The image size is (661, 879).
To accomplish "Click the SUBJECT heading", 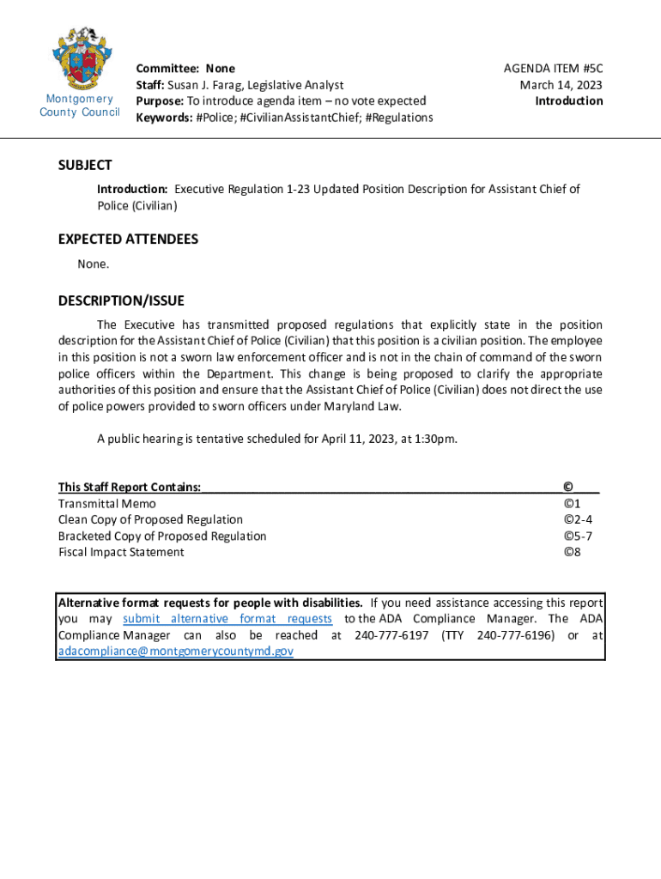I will point(85,165).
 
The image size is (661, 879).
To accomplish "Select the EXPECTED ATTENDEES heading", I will point(128,239).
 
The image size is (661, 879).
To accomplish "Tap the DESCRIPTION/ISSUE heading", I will point(121,300).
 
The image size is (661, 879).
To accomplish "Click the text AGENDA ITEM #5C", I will point(553,69).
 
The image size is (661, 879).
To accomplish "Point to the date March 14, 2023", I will point(561,85).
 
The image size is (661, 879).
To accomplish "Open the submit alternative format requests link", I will point(227,619).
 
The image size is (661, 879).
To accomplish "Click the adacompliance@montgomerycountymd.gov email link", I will point(176,652).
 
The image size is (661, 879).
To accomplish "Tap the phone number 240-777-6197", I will point(391,635).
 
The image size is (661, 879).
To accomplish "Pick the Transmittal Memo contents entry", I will point(107,504).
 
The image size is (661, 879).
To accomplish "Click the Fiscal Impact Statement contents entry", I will point(121,552).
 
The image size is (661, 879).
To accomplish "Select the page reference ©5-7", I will point(578,536).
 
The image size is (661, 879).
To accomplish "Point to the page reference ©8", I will point(573,552).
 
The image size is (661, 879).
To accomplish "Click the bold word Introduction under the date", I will point(568,100).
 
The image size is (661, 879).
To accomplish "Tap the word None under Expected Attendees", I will point(93,264).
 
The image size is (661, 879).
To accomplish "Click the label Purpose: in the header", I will point(161,100).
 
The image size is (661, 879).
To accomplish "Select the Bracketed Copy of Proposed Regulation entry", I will point(162,536).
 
